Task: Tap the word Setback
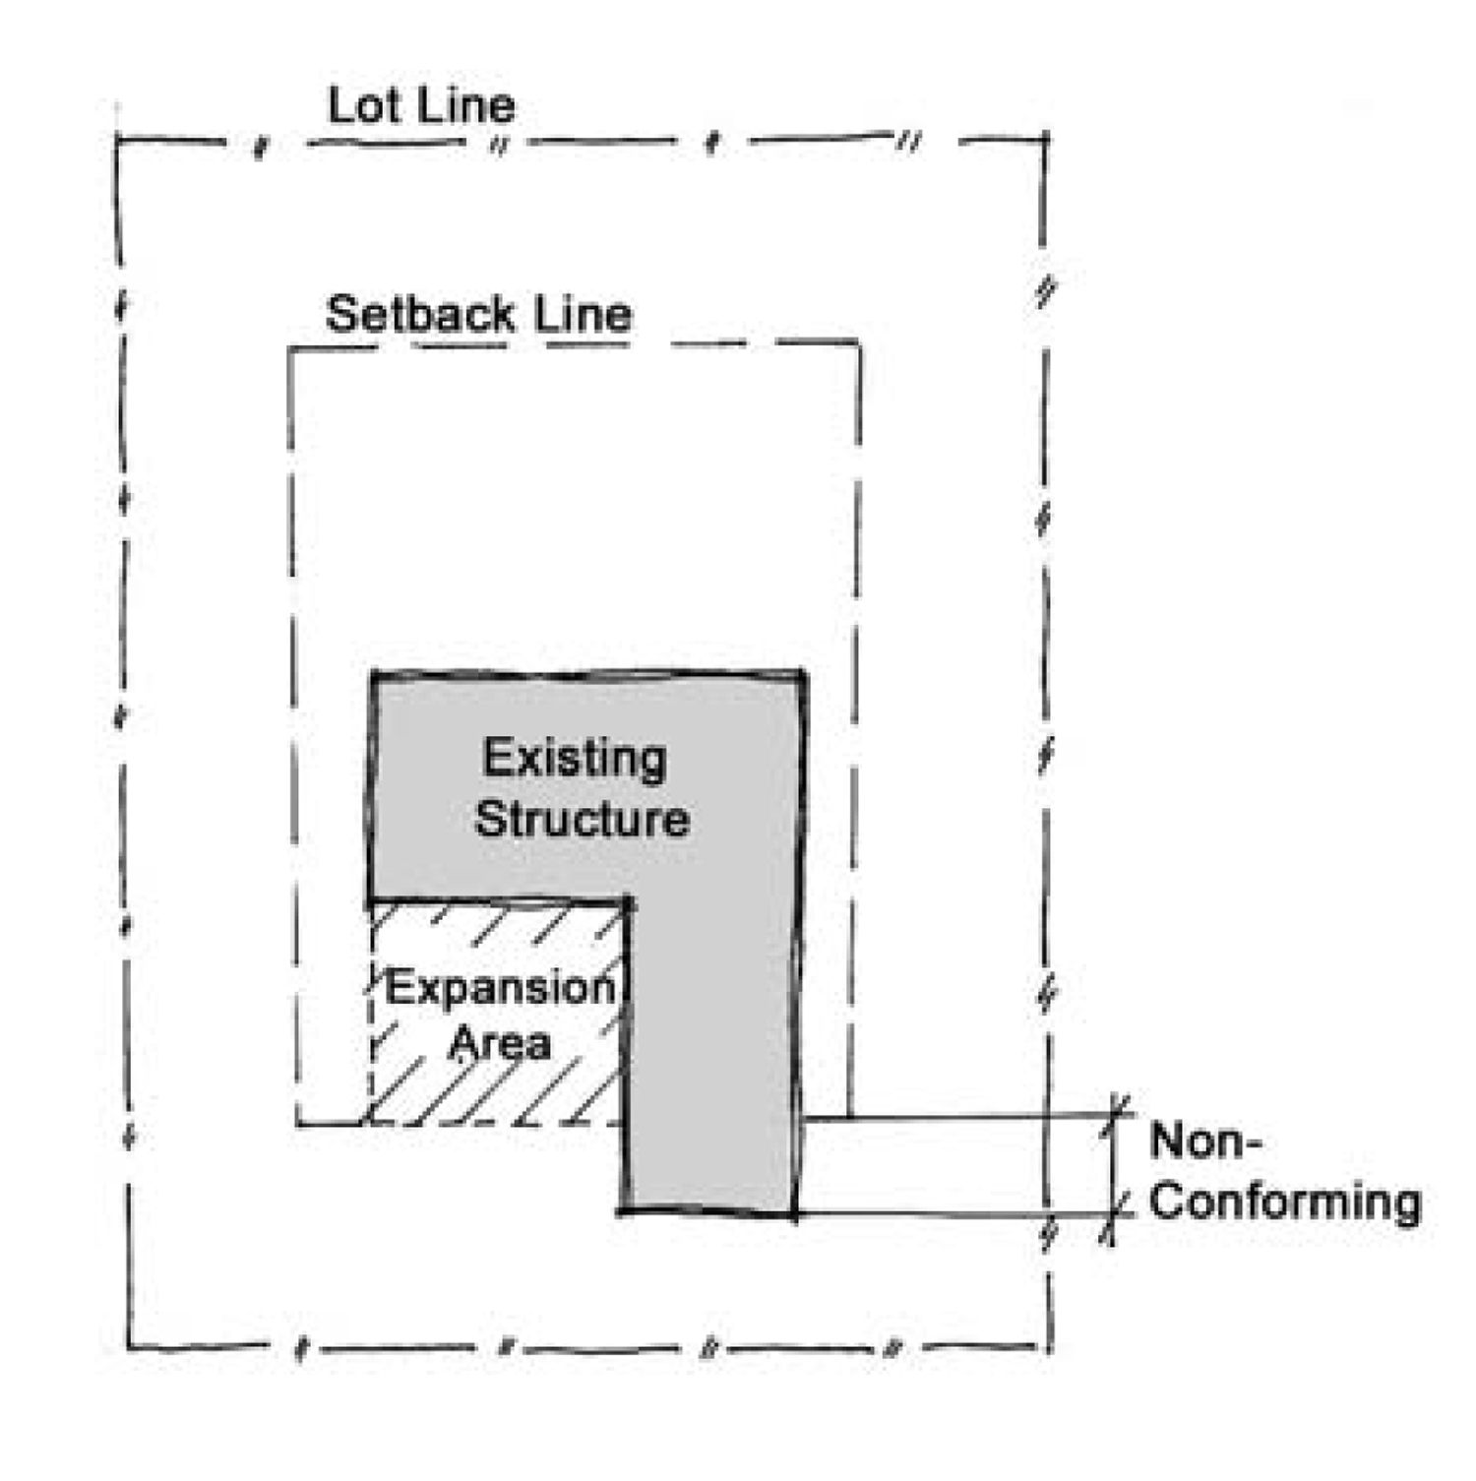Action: (420, 315)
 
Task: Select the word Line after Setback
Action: (583, 315)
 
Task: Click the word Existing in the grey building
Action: (575, 759)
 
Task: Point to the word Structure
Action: (582, 820)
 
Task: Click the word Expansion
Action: (499, 987)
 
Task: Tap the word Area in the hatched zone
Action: (499, 1043)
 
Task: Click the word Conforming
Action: (1285, 1202)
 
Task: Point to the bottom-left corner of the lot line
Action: (129, 1347)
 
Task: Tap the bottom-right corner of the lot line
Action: (1051, 1346)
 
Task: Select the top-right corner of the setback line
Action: (859, 342)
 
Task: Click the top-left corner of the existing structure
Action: (373, 675)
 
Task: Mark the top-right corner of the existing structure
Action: (804, 674)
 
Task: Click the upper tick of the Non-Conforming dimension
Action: (1117, 1114)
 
